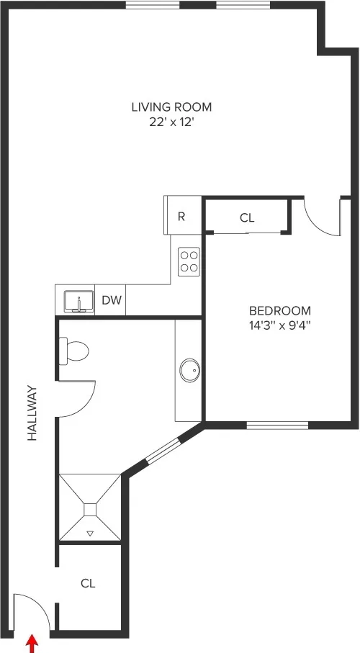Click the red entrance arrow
32,644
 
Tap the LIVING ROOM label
171,107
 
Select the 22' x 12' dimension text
171,122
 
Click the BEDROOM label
280,311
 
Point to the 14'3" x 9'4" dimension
280,325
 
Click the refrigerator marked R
182,215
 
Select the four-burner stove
189,261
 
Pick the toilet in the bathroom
74,351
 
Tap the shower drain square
89,509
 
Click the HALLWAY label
32,413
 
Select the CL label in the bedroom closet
247,217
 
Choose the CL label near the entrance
88,583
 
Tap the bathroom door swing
77,398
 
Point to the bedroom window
278,425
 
